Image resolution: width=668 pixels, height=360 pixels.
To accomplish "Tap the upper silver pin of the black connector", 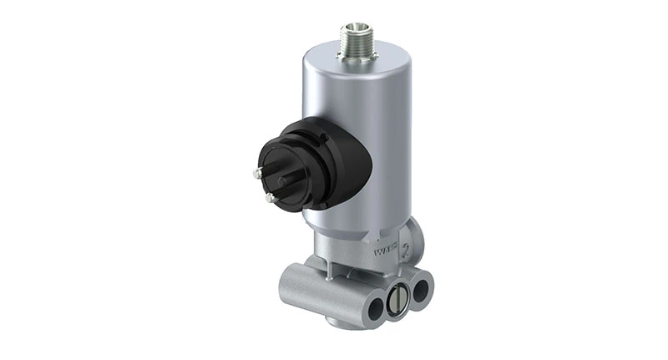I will coord(256,173).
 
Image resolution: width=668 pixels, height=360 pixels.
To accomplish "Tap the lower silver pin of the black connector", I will coord(269,198).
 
